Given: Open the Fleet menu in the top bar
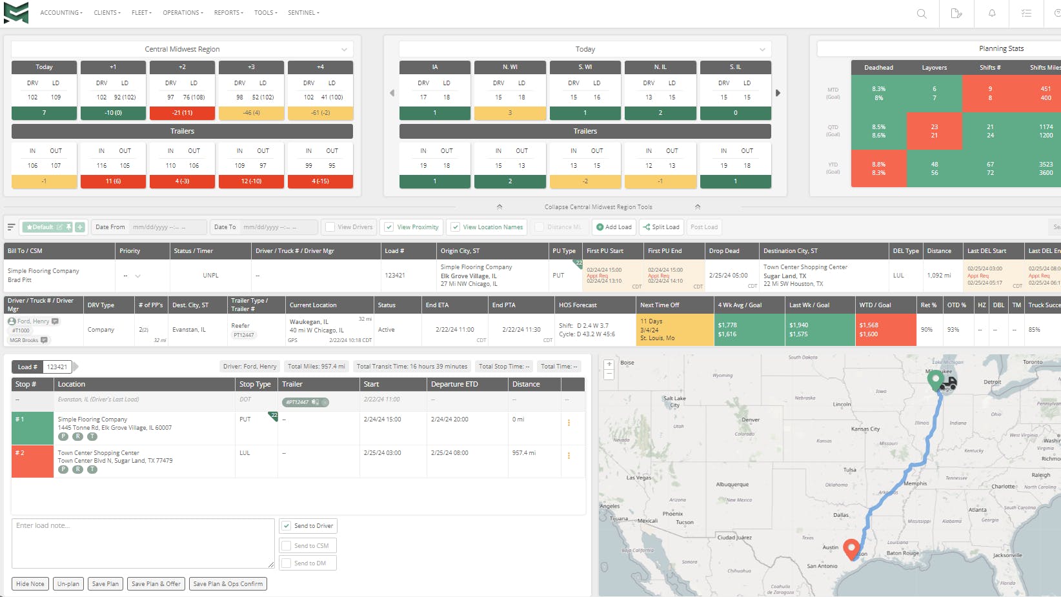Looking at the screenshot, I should (x=141, y=13).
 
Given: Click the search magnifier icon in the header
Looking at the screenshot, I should (x=922, y=14).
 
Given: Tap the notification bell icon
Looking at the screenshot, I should (x=992, y=14).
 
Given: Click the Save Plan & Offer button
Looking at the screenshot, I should (x=156, y=584).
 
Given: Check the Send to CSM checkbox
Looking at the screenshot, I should (x=287, y=546).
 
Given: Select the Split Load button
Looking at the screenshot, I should (x=661, y=227).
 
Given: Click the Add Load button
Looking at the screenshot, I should (x=614, y=227).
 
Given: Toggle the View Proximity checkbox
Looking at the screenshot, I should (x=389, y=227).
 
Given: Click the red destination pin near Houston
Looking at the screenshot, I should (x=851, y=548).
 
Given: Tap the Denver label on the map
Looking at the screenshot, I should (x=751, y=420).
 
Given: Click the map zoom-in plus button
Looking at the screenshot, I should (x=609, y=365).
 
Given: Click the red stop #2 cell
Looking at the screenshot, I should (x=32, y=461).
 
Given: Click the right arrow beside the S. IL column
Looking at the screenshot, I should (x=778, y=93).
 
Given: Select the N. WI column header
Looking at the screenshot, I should (x=510, y=67).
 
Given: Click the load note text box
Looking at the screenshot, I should (x=143, y=543).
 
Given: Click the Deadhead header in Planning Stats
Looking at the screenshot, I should (x=878, y=68).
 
